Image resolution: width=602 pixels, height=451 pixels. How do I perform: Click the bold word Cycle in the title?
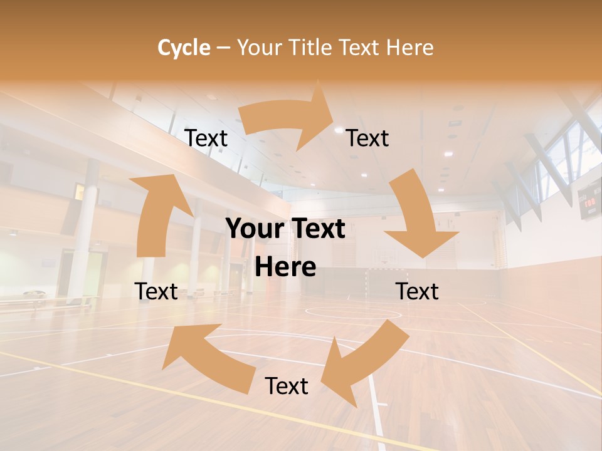pos(184,48)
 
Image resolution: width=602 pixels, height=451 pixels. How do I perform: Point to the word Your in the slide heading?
pos(258,48)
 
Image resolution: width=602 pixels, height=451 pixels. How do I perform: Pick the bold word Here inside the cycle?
pos(285,267)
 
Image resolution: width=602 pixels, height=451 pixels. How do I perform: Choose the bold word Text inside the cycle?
pos(317,229)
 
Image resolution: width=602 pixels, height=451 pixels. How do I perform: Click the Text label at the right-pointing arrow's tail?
pos(206,138)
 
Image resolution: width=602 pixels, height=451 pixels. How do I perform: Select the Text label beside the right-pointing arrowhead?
pos(367,138)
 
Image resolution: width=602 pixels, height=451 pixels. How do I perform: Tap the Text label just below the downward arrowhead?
pos(417,291)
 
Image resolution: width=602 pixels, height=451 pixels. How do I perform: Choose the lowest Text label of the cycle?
pos(287,386)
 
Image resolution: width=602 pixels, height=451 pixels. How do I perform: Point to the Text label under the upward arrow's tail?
pos(157,291)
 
